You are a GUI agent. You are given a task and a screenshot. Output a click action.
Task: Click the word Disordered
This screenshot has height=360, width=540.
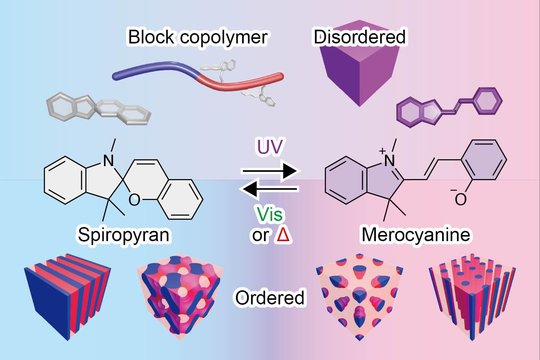pos(359,37)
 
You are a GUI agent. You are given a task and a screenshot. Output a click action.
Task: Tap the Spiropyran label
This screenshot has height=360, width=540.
pos(123,234)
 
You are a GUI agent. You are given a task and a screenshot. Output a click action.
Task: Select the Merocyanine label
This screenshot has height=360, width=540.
pos(415,234)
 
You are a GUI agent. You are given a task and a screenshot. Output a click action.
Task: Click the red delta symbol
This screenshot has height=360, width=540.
pos(284,235)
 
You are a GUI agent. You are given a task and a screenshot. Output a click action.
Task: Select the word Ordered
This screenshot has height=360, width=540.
pos(270,298)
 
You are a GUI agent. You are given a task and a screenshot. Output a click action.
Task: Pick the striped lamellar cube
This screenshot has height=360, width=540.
pos(67,295)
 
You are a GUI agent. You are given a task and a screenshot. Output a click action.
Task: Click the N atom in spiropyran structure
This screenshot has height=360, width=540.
pos(109,161)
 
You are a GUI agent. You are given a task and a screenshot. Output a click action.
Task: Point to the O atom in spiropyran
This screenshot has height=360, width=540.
pos(134,200)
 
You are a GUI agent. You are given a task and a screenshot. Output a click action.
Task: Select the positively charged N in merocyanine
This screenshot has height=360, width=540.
pos(389,160)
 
